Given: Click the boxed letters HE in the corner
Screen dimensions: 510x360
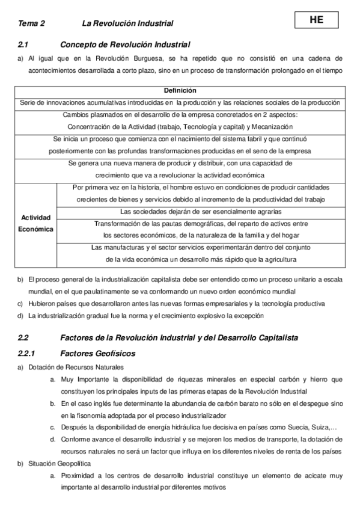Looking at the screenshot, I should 316,19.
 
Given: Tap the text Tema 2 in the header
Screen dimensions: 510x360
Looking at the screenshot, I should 31,23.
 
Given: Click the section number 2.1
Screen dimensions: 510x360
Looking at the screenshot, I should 24,45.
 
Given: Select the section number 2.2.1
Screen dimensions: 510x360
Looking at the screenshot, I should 28,353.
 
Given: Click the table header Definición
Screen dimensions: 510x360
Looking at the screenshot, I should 180,91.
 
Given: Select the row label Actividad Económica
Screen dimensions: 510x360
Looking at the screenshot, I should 36,223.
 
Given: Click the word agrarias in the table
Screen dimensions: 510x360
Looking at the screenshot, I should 267,212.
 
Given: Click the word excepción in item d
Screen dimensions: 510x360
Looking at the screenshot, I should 245,316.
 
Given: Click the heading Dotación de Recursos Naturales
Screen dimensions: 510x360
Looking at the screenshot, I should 75,367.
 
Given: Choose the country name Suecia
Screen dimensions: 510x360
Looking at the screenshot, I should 296,428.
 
